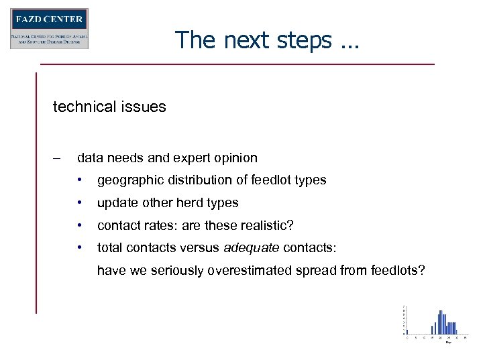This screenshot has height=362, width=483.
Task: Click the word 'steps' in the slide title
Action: [301, 40]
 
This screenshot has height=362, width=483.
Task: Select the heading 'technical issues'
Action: [109, 107]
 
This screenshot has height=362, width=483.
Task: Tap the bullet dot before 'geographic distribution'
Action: [80, 180]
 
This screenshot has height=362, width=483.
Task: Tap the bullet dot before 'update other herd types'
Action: [80, 203]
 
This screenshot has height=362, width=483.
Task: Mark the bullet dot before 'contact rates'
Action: [80, 225]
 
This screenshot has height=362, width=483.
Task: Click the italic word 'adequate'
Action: [252, 248]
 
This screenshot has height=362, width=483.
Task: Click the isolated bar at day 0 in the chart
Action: [407, 330]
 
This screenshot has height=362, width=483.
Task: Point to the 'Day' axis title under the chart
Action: [448, 343]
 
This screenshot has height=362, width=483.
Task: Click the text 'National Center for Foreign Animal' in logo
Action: [49, 36]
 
